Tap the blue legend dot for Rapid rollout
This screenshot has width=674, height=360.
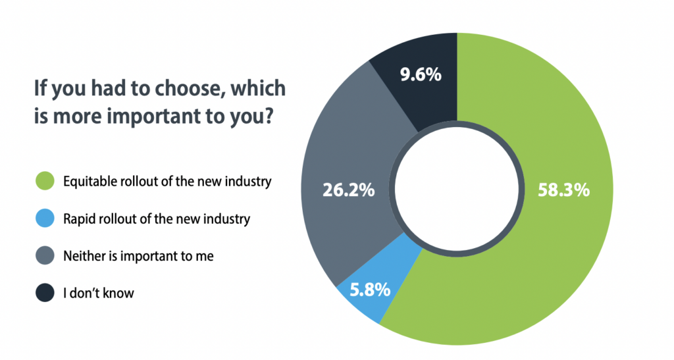pos(43,219)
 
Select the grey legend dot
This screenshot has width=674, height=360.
pos(43,255)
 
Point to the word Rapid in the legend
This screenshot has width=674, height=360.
pos(78,219)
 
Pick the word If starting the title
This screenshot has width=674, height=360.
pos(41,90)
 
